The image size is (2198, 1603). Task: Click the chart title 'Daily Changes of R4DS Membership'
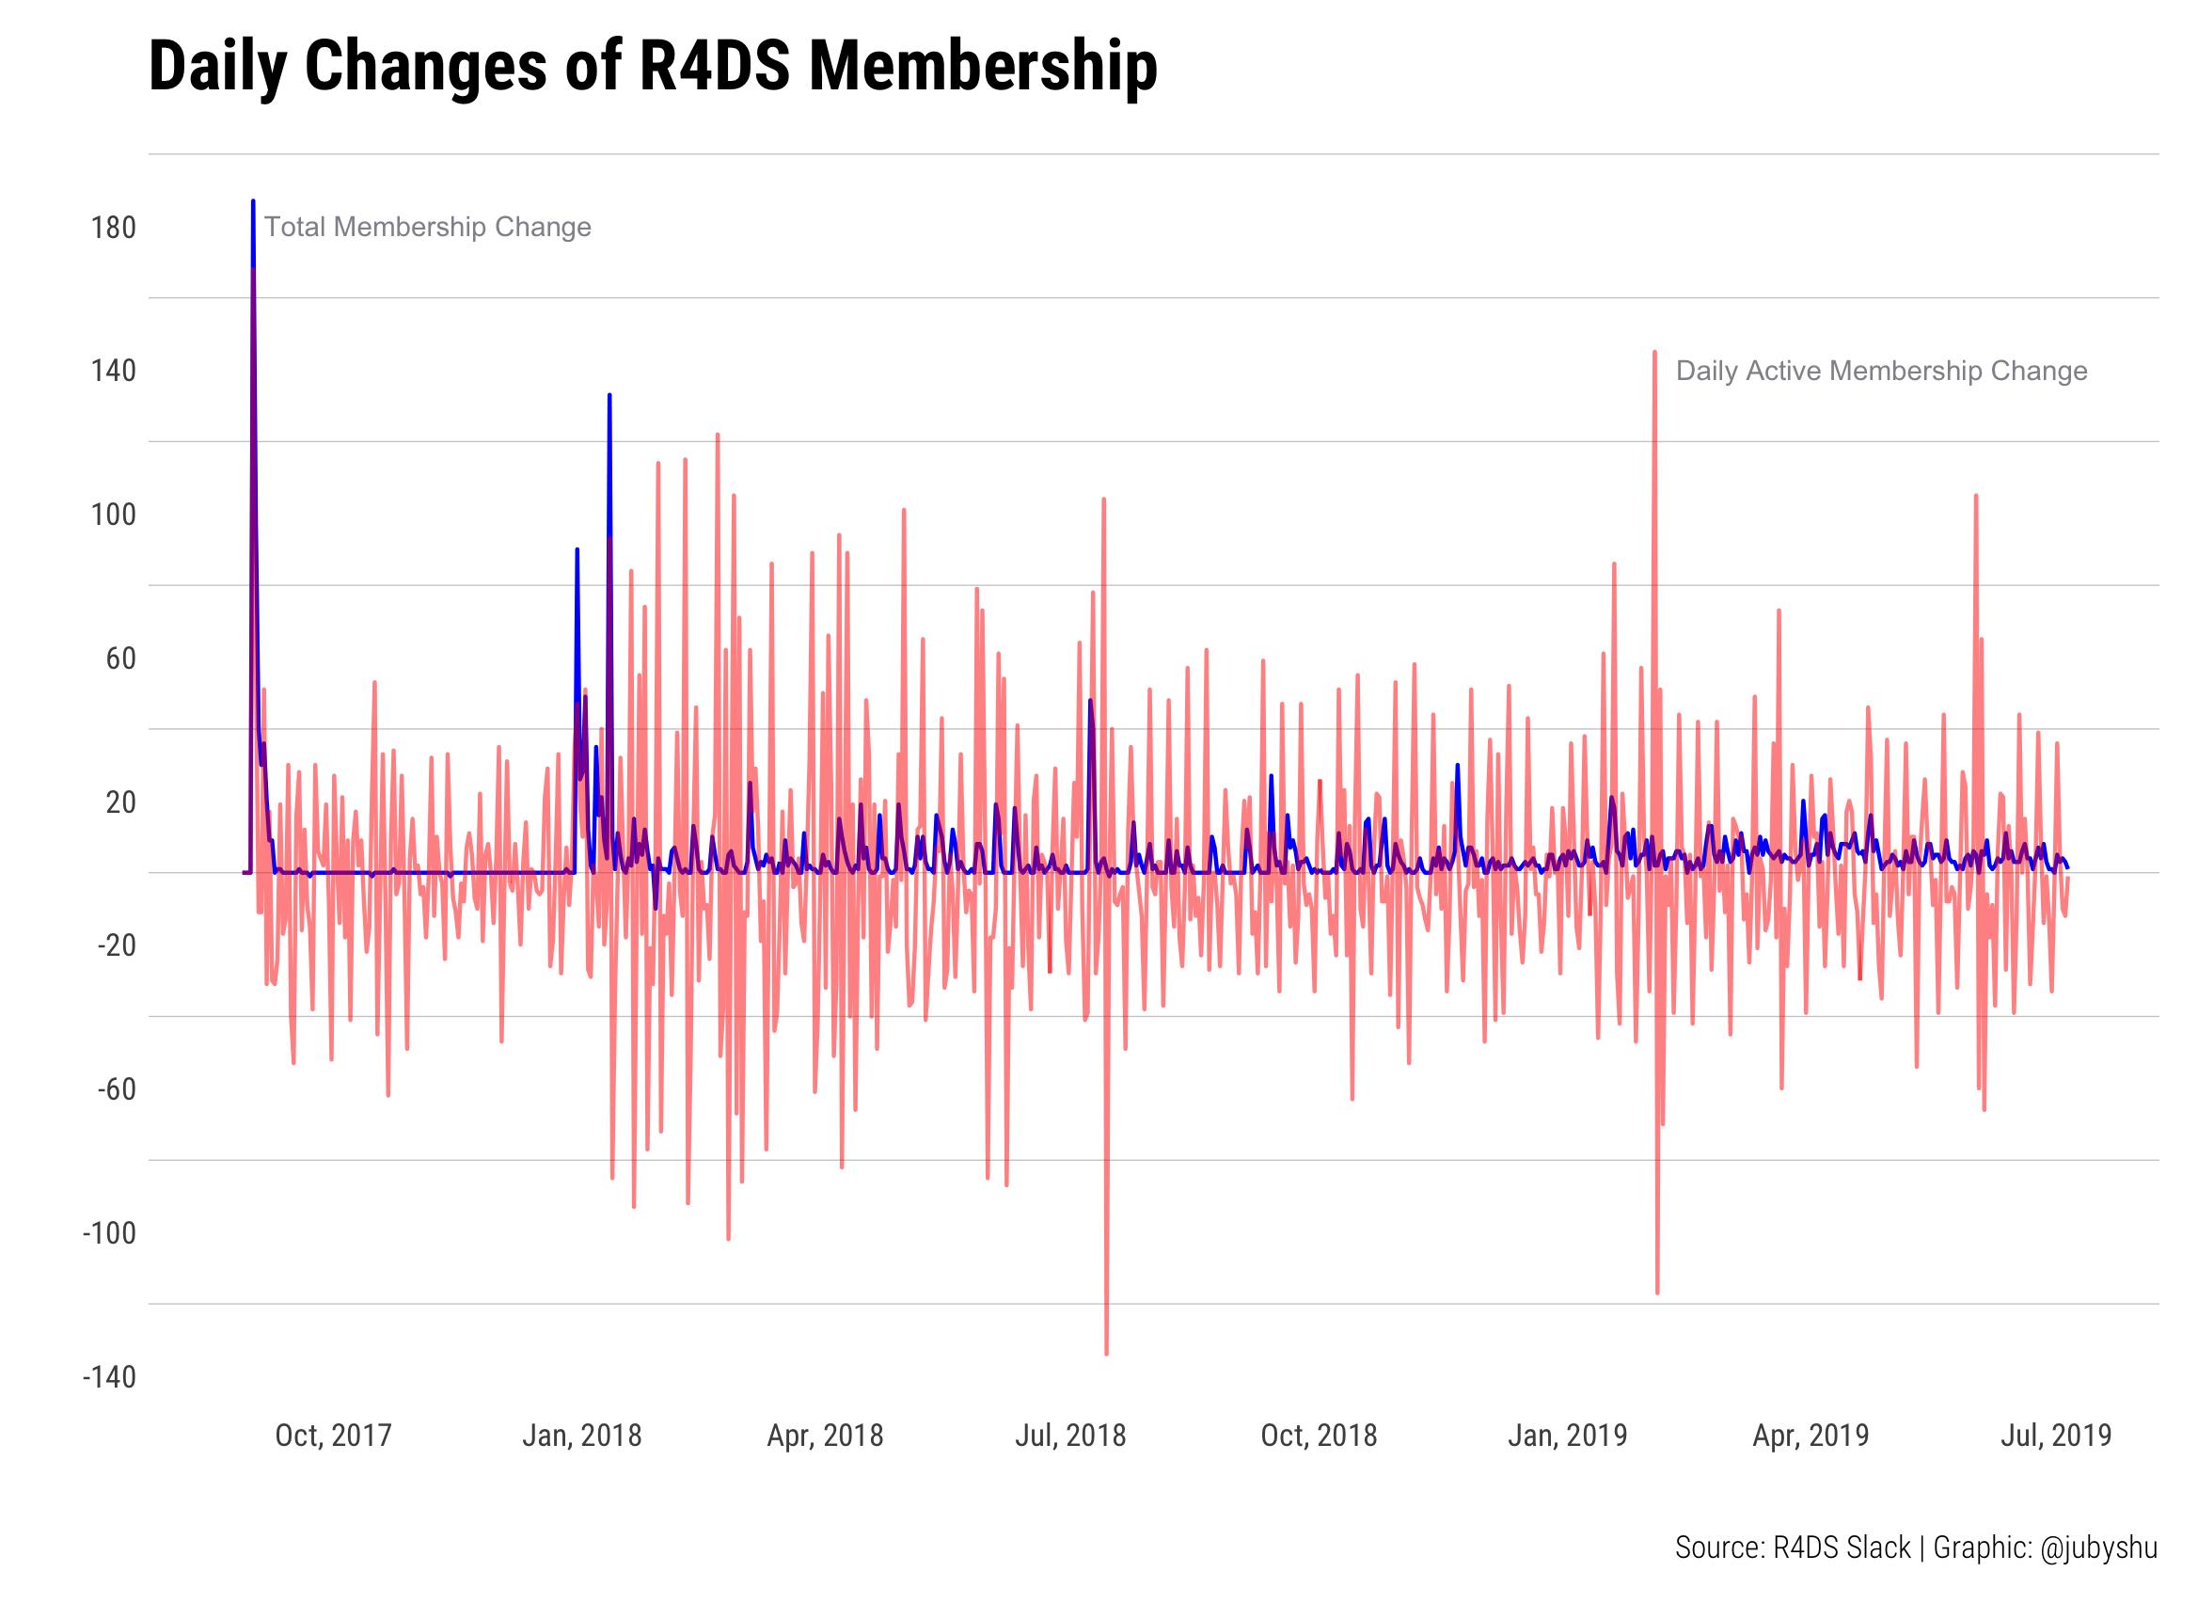click(652, 68)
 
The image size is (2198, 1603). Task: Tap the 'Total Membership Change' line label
click(427, 227)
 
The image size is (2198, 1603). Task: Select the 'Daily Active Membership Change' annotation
click(1881, 371)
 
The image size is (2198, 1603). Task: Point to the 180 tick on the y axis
click(114, 229)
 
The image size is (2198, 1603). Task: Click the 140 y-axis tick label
click(114, 372)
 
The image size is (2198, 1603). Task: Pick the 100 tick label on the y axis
click(114, 516)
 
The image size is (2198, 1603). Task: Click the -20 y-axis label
click(117, 946)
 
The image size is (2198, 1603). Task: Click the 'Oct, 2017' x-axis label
click(333, 1436)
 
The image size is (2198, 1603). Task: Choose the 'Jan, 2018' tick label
click(581, 1436)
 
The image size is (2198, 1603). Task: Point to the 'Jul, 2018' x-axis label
click(1070, 1436)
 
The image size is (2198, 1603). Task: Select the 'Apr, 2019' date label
click(1810, 1436)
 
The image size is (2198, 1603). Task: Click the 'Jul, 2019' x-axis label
click(2055, 1436)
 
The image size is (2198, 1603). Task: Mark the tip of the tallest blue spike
click(253, 202)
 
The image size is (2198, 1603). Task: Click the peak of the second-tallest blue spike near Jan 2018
click(609, 396)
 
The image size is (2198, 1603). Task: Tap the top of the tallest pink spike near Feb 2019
click(1653, 353)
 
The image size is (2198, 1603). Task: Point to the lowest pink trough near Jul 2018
click(1107, 1353)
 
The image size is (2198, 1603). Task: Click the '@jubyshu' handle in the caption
click(2099, 1547)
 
